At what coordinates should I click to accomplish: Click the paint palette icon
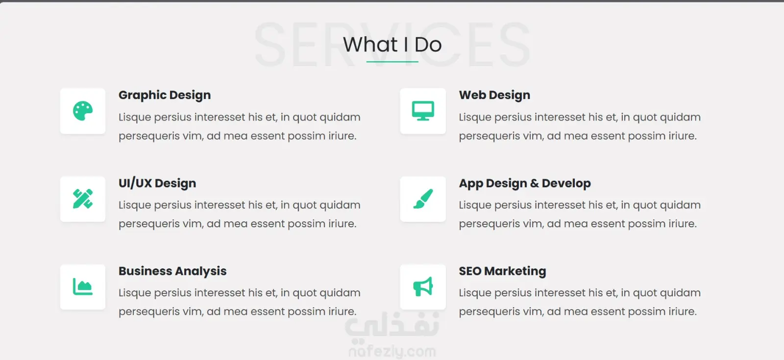coord(83,111)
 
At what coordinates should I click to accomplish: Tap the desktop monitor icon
coord(423,111)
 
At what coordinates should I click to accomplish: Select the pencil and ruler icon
coord(83,199)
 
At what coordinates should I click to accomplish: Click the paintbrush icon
coord(423,199)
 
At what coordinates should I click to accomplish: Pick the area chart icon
coord(83,287)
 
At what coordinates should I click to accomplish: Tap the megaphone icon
coord(423,287)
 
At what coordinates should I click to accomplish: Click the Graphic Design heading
coord(165,95)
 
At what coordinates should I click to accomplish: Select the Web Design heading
coord(494,95)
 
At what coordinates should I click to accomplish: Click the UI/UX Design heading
coord(157,183)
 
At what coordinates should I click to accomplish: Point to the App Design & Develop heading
coord(525,183)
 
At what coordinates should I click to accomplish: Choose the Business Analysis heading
coord(172,271)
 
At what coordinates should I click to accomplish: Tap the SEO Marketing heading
coord(502,271)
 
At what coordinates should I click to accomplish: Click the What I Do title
coord(392,45)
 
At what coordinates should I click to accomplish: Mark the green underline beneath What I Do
coord(392,62)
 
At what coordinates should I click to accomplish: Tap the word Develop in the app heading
coord(566,183)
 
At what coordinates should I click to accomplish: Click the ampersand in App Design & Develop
coord(534,183)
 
